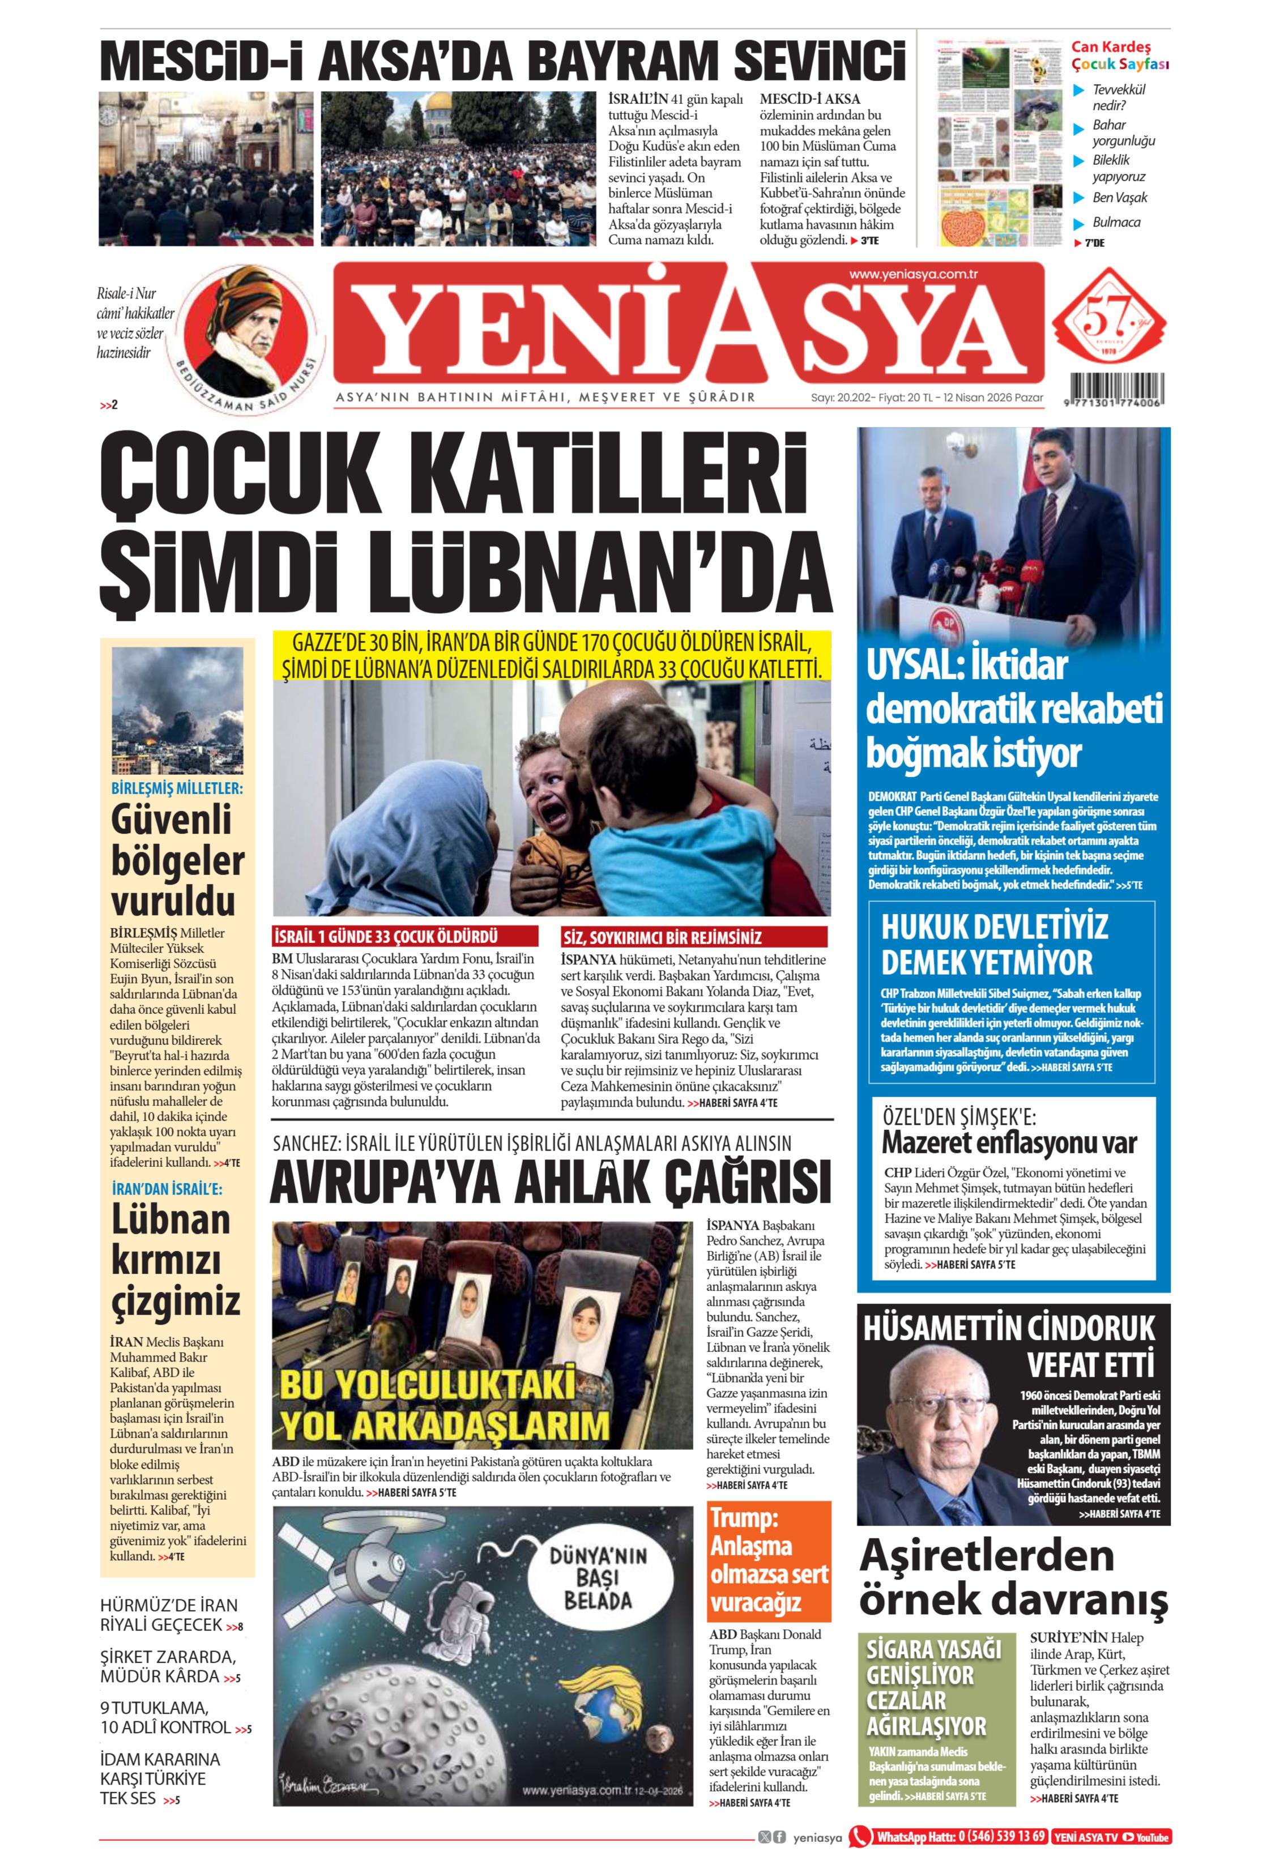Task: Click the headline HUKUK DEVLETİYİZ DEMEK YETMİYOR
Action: (994, 945)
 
